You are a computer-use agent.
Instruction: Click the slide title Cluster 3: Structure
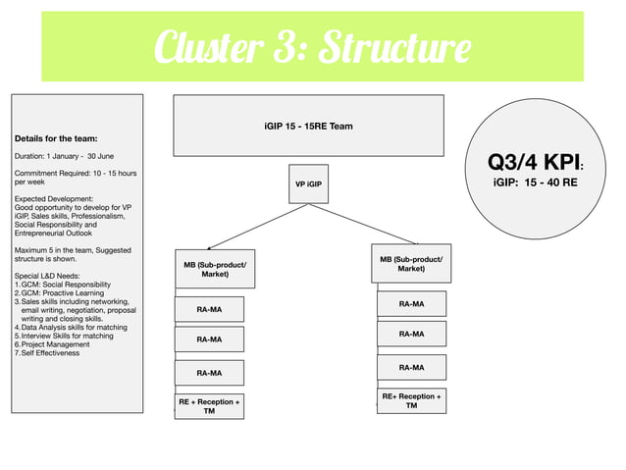(x=311, y=47)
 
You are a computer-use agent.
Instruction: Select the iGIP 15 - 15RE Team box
(x=308, y=126)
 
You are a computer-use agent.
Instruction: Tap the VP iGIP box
(x=308, y=184)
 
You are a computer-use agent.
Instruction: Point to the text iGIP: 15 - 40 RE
(x=535, y=183)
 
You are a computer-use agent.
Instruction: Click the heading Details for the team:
(x=55, y=138)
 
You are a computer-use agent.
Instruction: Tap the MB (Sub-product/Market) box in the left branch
(x=215, y=269)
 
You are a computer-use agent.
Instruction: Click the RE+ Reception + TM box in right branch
(x=411, y=400)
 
